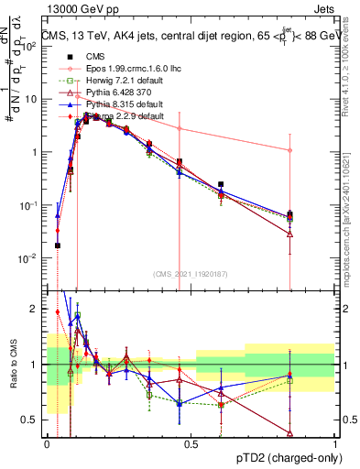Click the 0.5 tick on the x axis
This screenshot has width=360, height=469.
tap(191, 443)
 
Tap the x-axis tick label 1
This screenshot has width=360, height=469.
tap(335, 443)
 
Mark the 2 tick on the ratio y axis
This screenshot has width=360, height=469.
tap(35, 309)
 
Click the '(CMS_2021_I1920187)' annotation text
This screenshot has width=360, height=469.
tap(190, 274)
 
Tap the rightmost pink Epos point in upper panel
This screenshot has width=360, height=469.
tap(290, 150)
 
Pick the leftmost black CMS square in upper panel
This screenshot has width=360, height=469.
tap(58, 245)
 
